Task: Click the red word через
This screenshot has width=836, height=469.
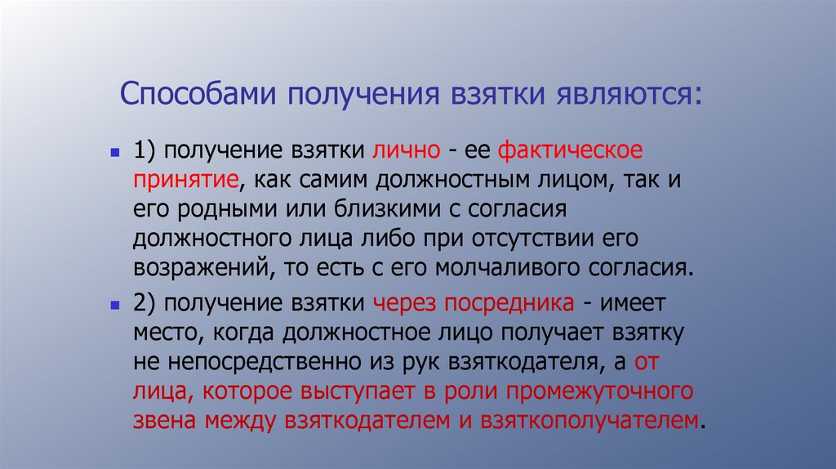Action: pyautogui.click(x=406, y=304)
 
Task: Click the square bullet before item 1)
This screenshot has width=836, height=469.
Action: pyautogui.click(x=116, y=153)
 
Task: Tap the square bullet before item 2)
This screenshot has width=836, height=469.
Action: pyautogui.click(x=116, y=305)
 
